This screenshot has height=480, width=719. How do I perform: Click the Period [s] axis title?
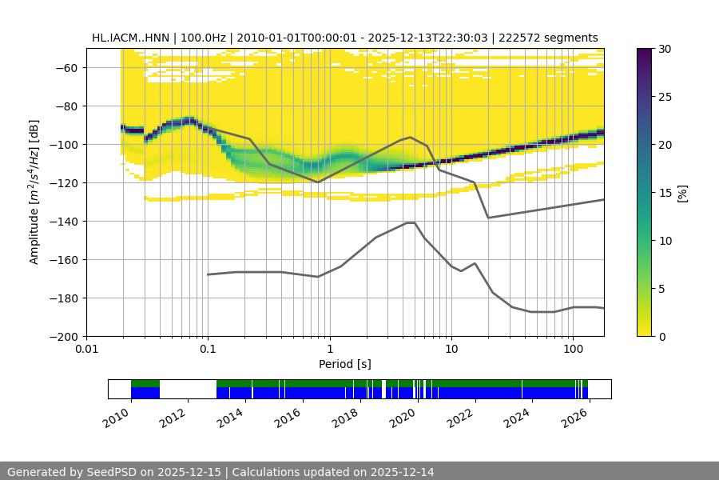coord(344,364)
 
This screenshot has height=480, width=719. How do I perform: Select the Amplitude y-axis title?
coord(34,192)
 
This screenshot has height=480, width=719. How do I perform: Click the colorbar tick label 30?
coord(665,49)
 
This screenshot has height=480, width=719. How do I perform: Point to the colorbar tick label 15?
coord(665,193)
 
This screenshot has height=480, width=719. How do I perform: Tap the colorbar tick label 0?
coord(661,336)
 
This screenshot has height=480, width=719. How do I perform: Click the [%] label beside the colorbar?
coord(682,193)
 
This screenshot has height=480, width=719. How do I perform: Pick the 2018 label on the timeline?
coord(346,418)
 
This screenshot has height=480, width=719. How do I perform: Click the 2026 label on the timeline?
coord(574,418)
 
